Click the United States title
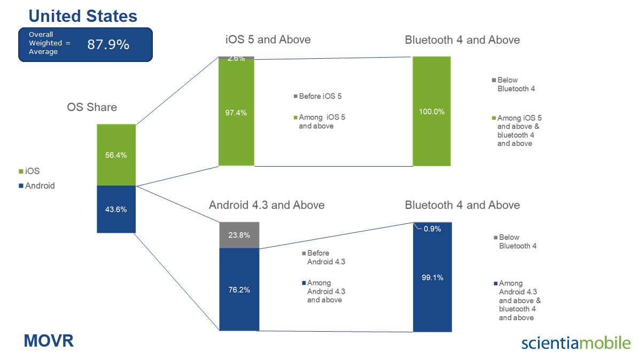tap(83, 16)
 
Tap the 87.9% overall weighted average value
tap(108, 44)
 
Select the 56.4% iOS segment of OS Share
tap(116, 155)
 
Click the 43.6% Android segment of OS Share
tap(116, 209)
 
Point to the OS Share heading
tap(92, 107)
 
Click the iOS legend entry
tap(29, 171)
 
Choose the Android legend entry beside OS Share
tap(37, 186)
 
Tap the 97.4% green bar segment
tap(236, 112)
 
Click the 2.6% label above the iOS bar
tap(236, 58)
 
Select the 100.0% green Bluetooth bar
tap(432, 111)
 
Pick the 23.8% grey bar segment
tap(239, 235)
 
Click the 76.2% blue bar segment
tap(239, 289)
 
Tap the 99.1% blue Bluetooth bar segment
tap(432, 277)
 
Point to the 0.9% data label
tap(432, 229)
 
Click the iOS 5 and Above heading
tap(268, 40)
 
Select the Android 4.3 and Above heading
tap(267, 205)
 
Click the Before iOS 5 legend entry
tap(318, 96)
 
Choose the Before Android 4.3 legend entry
tap(324, 257)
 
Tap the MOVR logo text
tap(49, 341)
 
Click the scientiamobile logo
tap(576, 342)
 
